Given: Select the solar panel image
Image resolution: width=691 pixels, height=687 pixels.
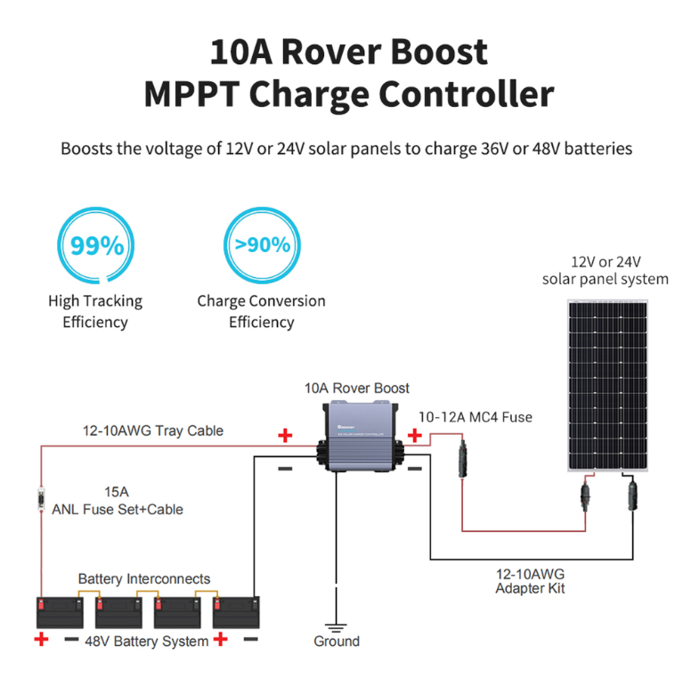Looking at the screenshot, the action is pyautogui.click(x=607, y=386).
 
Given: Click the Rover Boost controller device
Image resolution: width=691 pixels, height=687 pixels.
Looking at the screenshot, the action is pyautogui.click(x=360, y=436).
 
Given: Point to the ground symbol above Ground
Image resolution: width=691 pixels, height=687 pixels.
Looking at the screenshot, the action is pyautogui.click(x=336, y=628).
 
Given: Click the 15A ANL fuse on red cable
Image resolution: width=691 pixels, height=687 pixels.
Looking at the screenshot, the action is pyautogui.click(x=41, y=500).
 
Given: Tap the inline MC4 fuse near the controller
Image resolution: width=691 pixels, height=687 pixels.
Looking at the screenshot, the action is pyautogui.click(x=462, y=459).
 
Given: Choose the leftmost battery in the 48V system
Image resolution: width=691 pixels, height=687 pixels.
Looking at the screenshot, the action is pyautogui.click(x=60, y=612).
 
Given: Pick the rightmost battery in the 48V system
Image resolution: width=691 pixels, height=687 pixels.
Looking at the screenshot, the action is pyautogui.click(x=236, y=612).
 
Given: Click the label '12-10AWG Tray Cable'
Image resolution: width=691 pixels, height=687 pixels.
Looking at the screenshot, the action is pyautogui.click(x=153, y=430).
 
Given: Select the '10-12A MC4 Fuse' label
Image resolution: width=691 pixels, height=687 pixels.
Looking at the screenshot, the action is pyautogui.click(x=476, y=417).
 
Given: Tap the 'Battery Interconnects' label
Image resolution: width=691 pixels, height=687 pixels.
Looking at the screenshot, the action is pyautogui.click(x=144, y=578).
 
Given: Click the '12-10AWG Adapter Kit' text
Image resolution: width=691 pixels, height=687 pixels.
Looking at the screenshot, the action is pyautogui.click(x=530, y=581).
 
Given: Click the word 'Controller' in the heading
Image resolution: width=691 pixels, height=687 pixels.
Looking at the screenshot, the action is pyautogui.click(x=467, y=94).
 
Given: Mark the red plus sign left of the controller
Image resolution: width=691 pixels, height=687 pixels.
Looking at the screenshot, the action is pyautogui.click(x=285, y=436).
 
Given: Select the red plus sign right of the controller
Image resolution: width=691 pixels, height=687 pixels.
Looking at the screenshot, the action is pyautogui.click(x=414, y=436).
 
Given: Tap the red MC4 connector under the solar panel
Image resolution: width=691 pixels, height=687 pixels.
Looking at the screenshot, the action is pyautogui.click(x=585, y=497).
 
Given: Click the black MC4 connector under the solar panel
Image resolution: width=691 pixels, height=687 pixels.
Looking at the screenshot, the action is pyautogui.click(x=632, y=496).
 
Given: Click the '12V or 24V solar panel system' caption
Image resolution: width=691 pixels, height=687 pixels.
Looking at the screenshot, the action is pyautogui.click(x=606, y=270).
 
